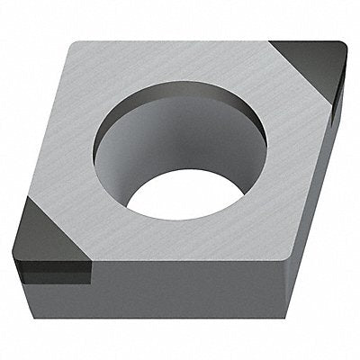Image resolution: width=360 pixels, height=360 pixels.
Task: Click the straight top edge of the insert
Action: [180, 41]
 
